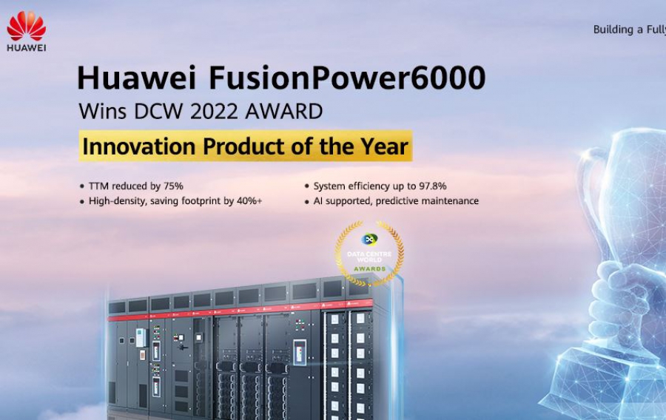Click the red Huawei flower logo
[x=27, y=27]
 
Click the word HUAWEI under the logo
[x=27, y=48]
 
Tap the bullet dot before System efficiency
[x=307, y=186]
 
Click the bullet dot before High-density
[x=82, y=201]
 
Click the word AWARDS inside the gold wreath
[x=369, y=268]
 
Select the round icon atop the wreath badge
[x=369, y=240]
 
